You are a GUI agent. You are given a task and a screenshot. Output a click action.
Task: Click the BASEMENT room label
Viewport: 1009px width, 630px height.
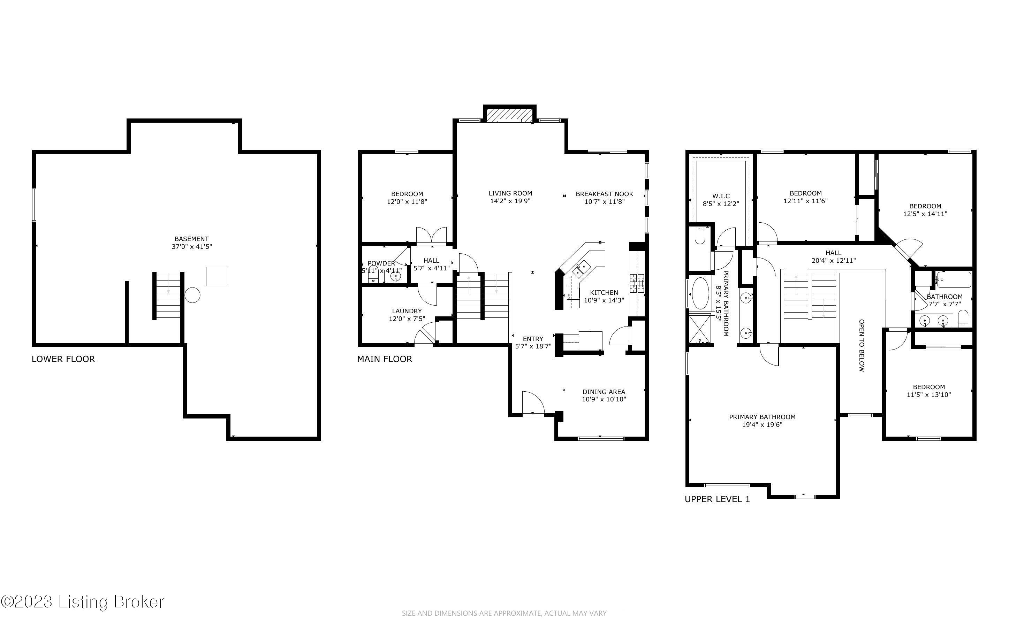(191, 239)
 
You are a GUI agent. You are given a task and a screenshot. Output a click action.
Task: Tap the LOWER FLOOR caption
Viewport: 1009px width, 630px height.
(63, 359)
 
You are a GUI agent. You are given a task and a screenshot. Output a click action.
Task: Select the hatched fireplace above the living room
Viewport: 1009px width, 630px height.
(509, 115)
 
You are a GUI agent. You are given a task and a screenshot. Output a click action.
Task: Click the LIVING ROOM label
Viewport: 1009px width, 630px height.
(510, 193)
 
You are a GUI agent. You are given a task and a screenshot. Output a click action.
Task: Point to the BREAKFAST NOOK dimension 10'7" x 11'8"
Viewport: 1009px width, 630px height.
(604, 202)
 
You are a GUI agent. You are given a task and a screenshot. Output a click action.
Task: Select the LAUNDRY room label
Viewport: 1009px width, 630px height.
(407, 311)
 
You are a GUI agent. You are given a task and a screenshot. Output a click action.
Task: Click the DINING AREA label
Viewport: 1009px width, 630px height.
(604, 392)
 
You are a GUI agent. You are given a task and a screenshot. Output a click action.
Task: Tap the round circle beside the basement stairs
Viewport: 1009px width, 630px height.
(192, 295)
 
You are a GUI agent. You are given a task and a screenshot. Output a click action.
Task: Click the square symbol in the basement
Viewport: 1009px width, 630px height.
(216, 276)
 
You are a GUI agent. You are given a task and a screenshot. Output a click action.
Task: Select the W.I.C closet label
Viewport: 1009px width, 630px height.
(721, 196)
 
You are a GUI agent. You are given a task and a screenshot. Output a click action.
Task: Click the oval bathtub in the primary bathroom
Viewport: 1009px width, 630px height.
(700, 293)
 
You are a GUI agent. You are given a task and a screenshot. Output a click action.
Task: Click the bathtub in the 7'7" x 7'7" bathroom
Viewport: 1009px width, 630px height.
(954, 280)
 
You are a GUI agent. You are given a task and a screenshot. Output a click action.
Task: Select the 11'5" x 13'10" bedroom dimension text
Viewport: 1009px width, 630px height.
(928, 394)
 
